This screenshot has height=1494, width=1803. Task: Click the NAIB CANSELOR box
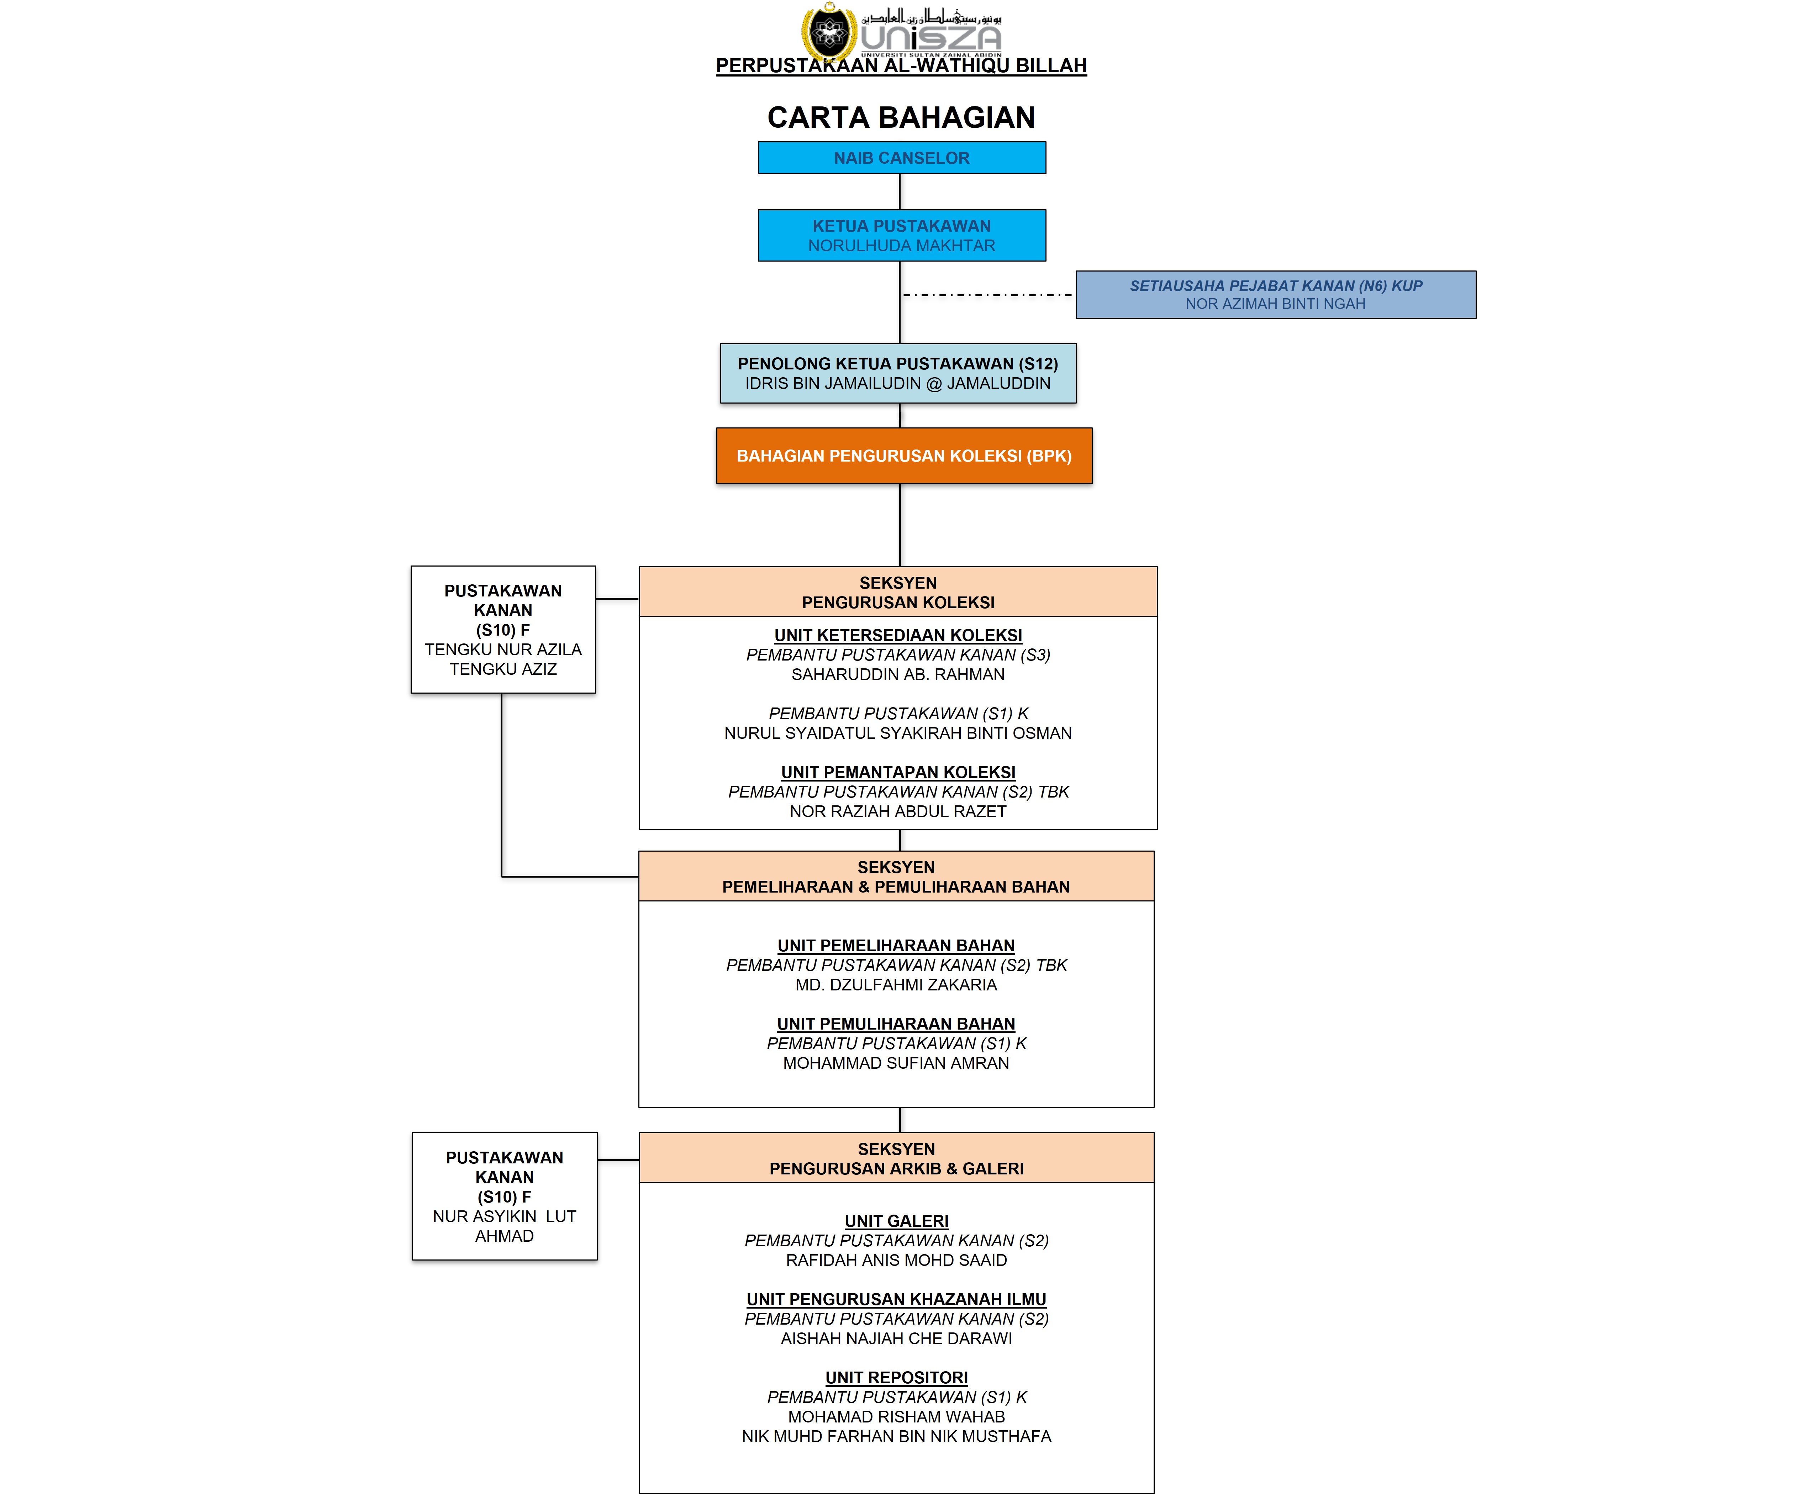(x=902, y=158)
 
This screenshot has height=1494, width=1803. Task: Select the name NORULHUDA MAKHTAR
(x=902, y=246)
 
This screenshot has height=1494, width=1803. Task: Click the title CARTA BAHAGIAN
(x=902, y=118)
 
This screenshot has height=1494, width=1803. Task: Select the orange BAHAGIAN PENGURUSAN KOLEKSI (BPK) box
(x=904, y=456)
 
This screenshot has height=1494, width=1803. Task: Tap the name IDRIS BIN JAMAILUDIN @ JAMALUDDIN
(x=898, y=384)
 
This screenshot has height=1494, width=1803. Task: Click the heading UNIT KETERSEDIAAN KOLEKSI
(x=898, y=635)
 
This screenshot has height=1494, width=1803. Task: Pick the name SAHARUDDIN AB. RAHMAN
(x=898, y=675)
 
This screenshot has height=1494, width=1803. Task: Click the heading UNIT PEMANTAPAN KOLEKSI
(x=898, y=773)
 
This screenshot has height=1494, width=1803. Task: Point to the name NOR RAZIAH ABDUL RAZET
(x=898, y=811)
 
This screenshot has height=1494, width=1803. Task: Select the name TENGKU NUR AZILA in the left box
(x=503, y=650)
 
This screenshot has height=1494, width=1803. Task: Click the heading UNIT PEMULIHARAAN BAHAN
(x=896, y=1024)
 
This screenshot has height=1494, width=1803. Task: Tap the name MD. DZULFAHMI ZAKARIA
(x=896, y=985)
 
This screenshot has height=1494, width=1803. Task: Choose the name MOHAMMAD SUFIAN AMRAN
(x=896, y=1063)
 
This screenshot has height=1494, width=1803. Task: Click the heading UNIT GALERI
(x=896, y=1221)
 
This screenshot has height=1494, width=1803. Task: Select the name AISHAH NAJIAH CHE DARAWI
(x=896, y=1338)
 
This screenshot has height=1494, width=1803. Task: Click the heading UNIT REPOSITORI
(x=896, y=1378)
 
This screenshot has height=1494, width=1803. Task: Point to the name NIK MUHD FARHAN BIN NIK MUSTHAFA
(x=896, y=1436)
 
